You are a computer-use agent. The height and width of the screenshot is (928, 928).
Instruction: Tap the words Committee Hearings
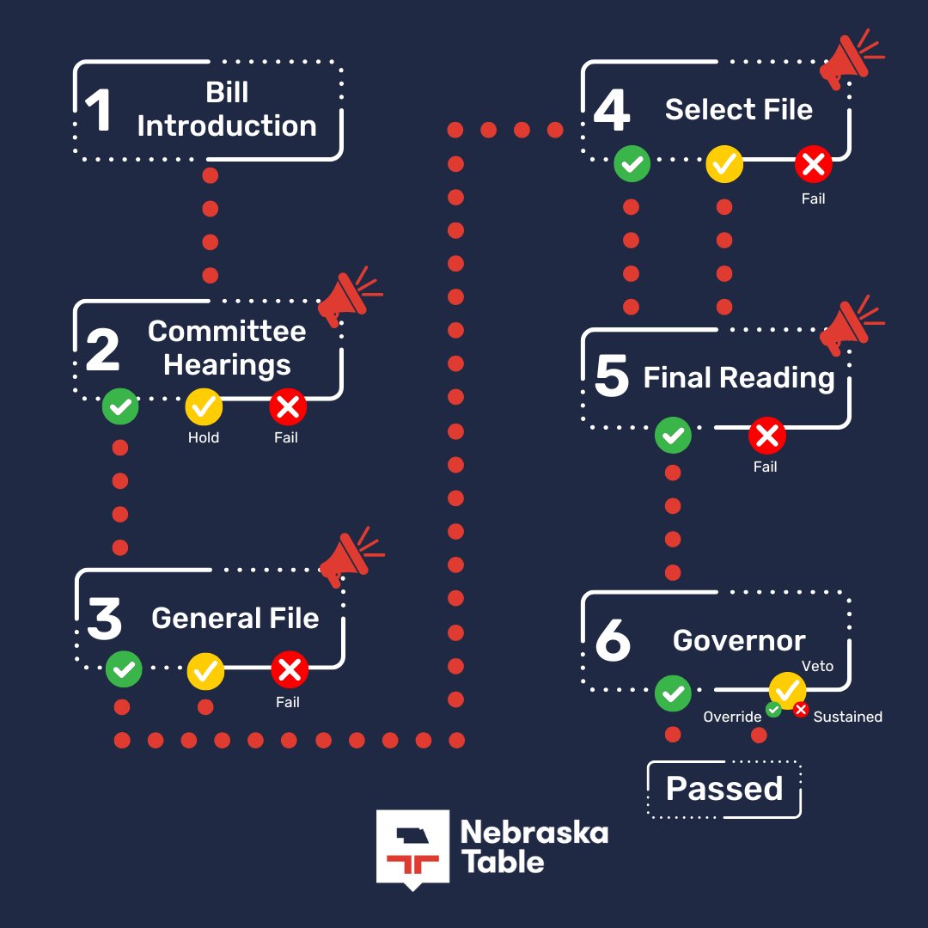(227, 348)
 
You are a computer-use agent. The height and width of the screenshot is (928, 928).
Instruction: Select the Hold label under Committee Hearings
(204, 437)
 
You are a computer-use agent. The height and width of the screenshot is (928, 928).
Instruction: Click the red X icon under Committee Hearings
(288, 408)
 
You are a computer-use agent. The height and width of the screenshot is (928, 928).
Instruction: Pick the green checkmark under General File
(124, 669)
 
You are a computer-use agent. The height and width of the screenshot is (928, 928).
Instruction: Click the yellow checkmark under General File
(205, 669)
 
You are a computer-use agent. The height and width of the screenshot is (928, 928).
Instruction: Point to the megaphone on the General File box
(348, 554)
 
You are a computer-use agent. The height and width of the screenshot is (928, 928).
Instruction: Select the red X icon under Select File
(813, 164)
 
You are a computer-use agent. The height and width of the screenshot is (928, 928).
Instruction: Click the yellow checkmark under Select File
(724, 164)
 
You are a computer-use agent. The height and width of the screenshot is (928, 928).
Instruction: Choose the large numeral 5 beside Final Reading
(612, 377)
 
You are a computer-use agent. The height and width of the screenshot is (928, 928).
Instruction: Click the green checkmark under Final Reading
(673, 437)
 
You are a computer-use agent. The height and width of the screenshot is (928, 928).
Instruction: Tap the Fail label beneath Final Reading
(765, 467)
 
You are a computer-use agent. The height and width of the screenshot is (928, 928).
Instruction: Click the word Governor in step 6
(739, 640)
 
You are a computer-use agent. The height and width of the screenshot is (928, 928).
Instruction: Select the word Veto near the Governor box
(817, 666)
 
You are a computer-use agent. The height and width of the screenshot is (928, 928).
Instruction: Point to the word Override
(732, 717)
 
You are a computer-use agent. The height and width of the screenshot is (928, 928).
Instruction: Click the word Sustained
(847, 717)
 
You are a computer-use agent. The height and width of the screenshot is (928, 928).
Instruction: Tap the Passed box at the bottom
(724, 789)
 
